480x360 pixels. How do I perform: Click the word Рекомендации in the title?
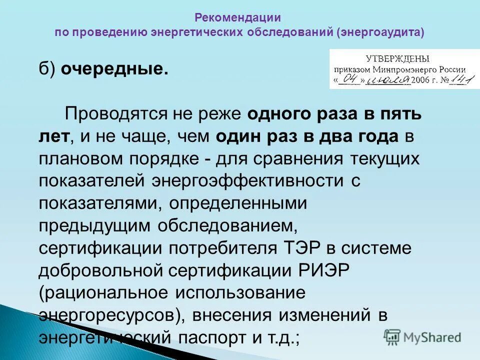[x=238, y=17]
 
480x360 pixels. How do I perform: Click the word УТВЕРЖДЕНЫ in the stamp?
[x=397, y=59]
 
